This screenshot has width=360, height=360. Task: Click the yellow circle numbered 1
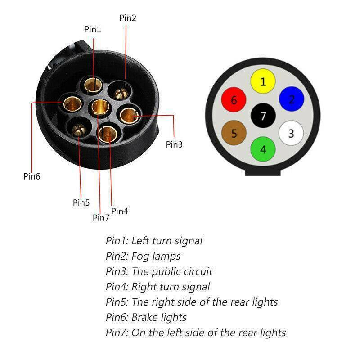tap(263, 81)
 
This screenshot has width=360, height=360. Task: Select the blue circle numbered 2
tap(292, 99)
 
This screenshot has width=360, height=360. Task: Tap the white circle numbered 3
tap(291, 133)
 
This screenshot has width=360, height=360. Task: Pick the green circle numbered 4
tap(263, 149)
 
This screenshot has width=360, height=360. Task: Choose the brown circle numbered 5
tap(234, 133)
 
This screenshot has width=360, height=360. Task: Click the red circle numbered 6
tap(234, 99)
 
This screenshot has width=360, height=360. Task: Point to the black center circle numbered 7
tap(263, 116)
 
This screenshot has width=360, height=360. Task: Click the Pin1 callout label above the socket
tap(93, 29)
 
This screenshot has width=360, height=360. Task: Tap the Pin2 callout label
tap(128, 18)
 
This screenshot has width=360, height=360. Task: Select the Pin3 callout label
tap(175, 144)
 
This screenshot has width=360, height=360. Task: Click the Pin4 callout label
tap(120, 211)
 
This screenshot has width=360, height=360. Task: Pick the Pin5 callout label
tap(81, 202)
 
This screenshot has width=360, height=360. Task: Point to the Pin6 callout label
tap(32, 176)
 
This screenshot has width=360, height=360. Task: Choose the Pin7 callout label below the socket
tap(101, 218)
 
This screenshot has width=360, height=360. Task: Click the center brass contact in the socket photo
tap(100, 107)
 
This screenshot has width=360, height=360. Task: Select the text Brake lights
tap(159, 317)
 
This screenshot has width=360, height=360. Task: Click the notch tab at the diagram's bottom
tap(263, 171)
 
